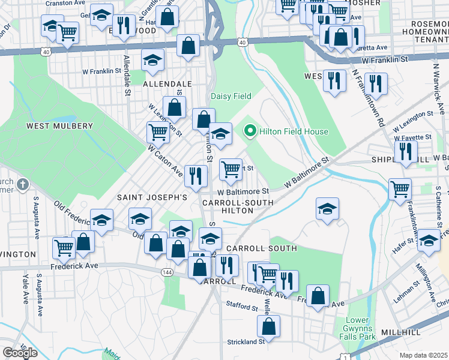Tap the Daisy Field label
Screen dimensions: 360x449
coord(231,96)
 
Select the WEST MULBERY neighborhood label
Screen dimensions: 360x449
coord(59,126)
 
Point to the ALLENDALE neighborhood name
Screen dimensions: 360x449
coord(167,84)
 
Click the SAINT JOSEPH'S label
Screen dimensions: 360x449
coord(152,197)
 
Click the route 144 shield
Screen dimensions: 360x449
coord(167,272)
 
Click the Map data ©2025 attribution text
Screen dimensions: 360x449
coord(423,355)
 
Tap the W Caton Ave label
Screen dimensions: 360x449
coord(165,160)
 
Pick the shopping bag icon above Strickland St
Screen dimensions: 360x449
coord(269,326)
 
